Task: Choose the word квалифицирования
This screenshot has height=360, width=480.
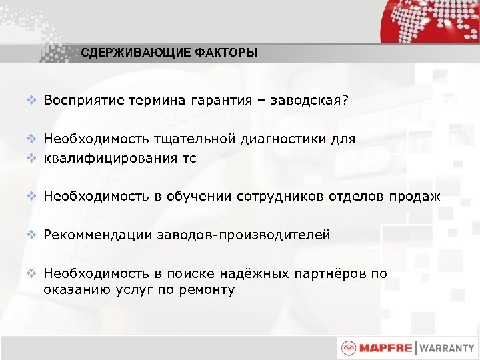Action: pyautogui.click(x=112, y=158)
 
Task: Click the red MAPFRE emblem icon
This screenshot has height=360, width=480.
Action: pyautogui.click(x=349, y=347)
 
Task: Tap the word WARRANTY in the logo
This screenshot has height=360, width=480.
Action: pyautogui.click(x=447, y=347)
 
